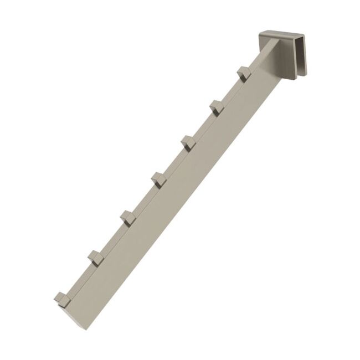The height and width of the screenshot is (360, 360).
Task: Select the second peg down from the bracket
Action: point(215,106)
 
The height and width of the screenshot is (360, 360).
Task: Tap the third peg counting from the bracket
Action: point(187,142)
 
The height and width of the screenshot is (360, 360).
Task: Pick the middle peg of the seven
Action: point(158,179)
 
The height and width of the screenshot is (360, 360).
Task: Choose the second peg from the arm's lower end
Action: point(95,257)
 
